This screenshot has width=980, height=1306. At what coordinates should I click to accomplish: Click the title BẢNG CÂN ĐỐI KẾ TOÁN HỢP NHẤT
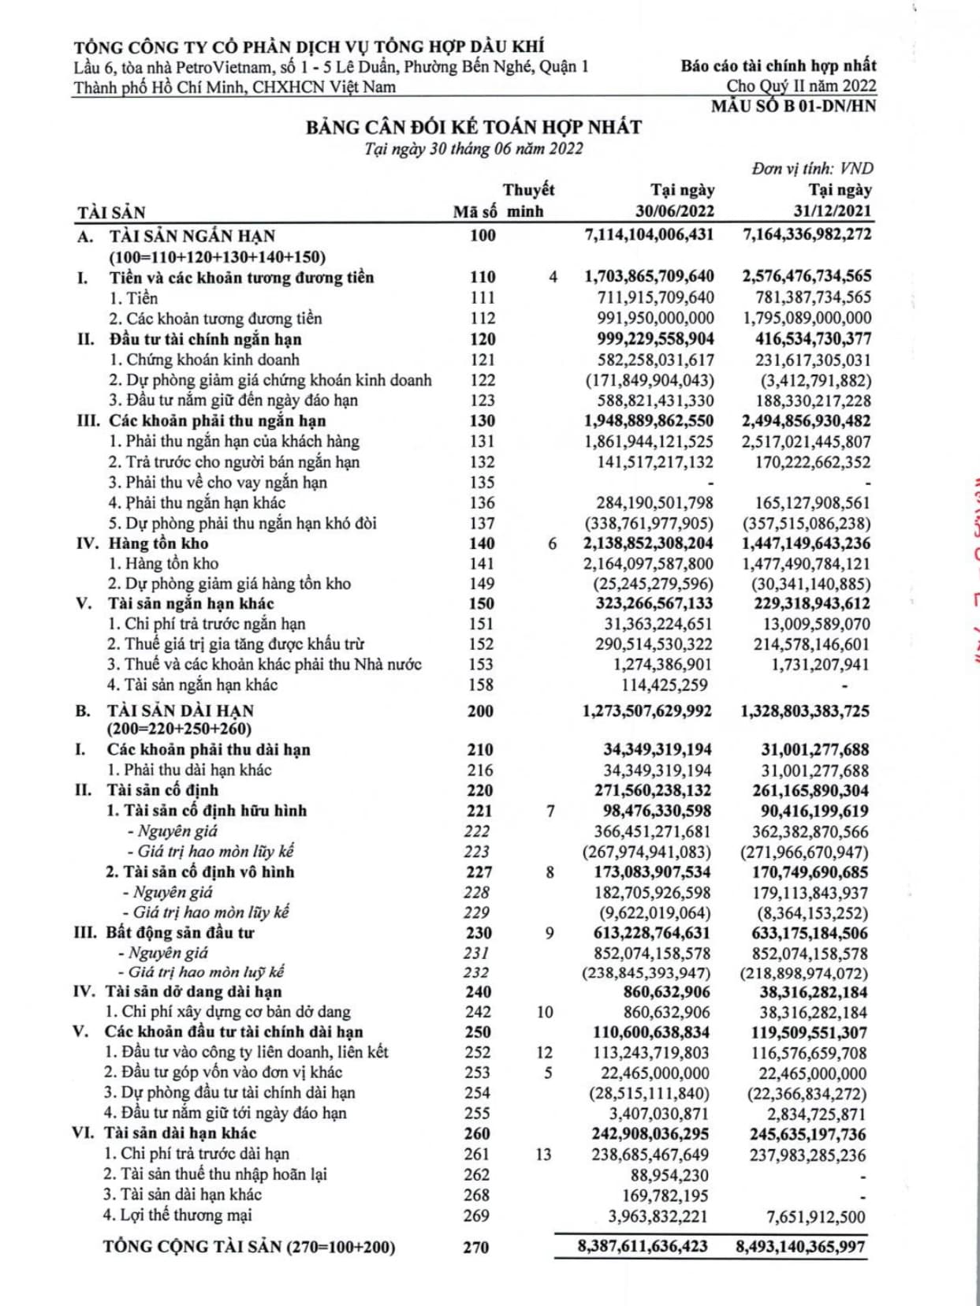point(474,127)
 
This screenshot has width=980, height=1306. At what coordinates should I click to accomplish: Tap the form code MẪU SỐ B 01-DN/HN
point(793,106)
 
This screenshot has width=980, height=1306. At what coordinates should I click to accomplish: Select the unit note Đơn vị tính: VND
point(812,168)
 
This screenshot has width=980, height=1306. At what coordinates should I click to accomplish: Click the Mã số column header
point(475,211)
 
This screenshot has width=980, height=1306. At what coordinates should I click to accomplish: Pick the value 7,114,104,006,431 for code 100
point(649,235)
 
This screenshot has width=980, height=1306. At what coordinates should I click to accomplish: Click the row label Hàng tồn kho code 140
point(158,543)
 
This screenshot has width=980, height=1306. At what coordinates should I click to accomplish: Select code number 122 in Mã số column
point(482,380)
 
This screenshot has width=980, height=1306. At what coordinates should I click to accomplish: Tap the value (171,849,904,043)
point(650,380)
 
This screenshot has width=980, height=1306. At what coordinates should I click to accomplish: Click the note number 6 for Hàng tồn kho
point(553,543)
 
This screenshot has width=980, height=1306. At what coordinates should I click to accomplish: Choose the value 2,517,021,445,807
point(807,442)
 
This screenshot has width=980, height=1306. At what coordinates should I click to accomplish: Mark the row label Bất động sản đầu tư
point(180,932)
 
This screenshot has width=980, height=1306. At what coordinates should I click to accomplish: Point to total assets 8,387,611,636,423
point(643,1247)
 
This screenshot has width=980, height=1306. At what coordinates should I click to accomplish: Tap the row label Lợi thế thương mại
point(186,1215)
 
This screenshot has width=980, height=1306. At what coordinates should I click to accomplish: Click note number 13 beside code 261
point(543,1154)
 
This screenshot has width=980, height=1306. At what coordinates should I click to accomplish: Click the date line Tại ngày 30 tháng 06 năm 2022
point(474,149)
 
